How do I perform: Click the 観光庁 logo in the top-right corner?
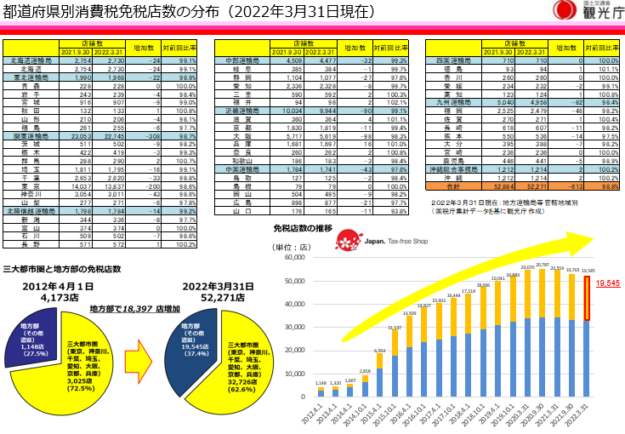(584, 11)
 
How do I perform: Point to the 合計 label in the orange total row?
(452, 185)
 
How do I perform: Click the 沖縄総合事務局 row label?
(453, 168)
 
